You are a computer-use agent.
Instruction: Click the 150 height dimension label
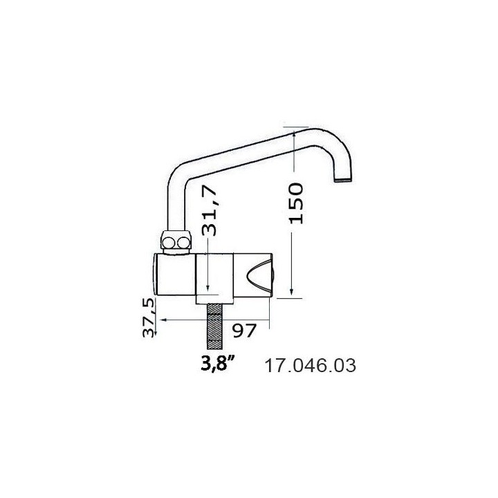[x=296, y=203]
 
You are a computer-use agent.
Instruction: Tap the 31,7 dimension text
[x=210, y=210]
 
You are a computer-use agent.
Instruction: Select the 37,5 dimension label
[x=148, y=317]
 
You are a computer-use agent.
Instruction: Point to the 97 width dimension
[x=244, y=331]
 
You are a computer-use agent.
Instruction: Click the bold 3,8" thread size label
[x=219, y=365]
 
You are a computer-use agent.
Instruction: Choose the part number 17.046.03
[x=310, y=366]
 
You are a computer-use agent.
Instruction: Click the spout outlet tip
[x=344, y=180]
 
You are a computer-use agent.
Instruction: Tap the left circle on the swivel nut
[x=168, y=243]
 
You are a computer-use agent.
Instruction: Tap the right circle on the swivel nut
[x=183, y=243]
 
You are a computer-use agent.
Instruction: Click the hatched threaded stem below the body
[x=214, y=326]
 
